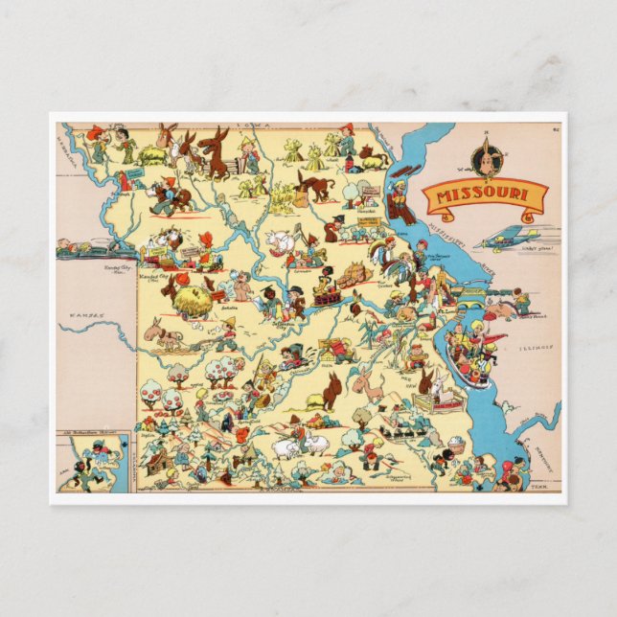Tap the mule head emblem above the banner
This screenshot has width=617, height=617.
point(486,157)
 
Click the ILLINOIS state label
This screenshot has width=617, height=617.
point(536,348)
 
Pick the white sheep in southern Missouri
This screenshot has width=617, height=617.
point(287,447)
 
